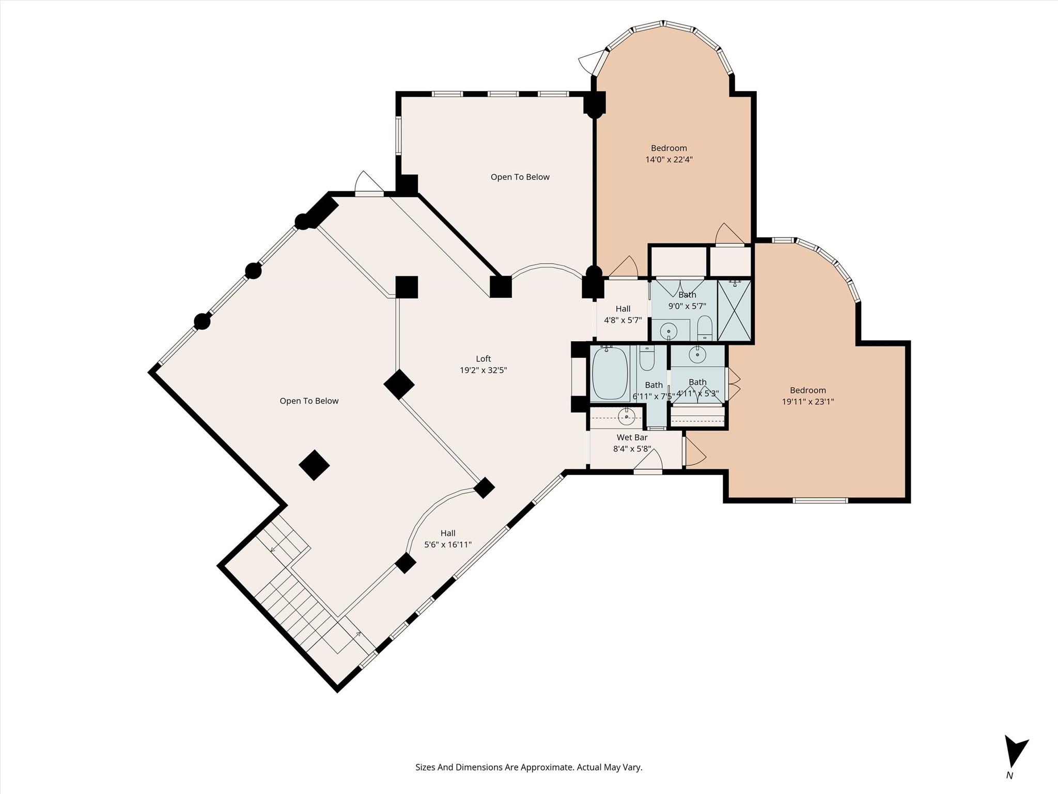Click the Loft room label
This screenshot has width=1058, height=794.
pyautogui.click(x=483, y=359)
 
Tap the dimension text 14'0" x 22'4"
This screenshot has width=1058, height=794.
pyautogui.click(x=668, y=160)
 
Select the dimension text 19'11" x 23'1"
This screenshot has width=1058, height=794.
pyautogui.click(x=807, y=402)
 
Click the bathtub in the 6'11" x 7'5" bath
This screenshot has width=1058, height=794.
pyautogui.click(x=610, y=373)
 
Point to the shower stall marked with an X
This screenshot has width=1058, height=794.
pyautogui.click(x=734, y=310)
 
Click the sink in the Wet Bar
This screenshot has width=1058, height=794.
pyautogui.click(x=627, y=415)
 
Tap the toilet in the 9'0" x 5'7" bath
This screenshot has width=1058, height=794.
pyautogui.click(x=705, y=328)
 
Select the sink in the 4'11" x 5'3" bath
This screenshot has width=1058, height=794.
pyautogui.click(x=697, y=355)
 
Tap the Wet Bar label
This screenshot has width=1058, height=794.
pyautogui.click(x=632, y=437)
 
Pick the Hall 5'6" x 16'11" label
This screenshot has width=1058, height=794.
pyautogui.click(x=448, y=539)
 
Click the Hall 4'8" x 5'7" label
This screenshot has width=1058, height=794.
pyautogui.click(x=623, y=314)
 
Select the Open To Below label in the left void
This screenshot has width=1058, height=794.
pyautogui.click(x=309, y=401)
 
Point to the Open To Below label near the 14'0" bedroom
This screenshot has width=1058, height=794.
pyautogui.click(x=520, y=177)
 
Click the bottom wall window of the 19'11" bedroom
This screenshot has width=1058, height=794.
pyautogui.click(x=820, y=500)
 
